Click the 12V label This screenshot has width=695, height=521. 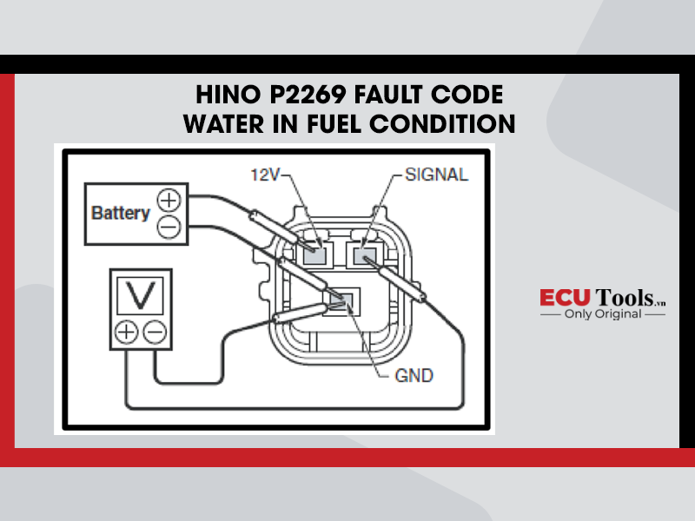click(x=265, y=175)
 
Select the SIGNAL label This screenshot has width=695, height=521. click(x=437, y=175)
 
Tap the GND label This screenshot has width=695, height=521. click(x=414, y=376)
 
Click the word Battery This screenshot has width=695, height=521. click(x=121, y=213)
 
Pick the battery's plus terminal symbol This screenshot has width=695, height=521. click(x=169, y=200)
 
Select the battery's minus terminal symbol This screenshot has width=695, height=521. click(x=169, y=228)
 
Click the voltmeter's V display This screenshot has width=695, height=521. click(x=141, y=295)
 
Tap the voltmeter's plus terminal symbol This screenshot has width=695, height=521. click(x=127, y=333)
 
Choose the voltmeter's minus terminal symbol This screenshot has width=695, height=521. click(x=156, y=333)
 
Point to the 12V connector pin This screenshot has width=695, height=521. click(x=314, y=255)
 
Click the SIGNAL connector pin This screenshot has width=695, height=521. click(x=364, y=255)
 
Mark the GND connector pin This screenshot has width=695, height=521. click(x=341, y=300)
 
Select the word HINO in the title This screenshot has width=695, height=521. click(x=228, y=95)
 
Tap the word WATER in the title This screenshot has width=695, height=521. click(x=224, y=123)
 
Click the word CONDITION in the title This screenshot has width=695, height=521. click(x=442, y=123)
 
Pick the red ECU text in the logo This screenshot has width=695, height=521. click(x=566, y=297)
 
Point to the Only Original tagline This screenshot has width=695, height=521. click(x=603, y=314)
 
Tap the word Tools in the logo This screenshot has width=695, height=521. click(x=625, y=297)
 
